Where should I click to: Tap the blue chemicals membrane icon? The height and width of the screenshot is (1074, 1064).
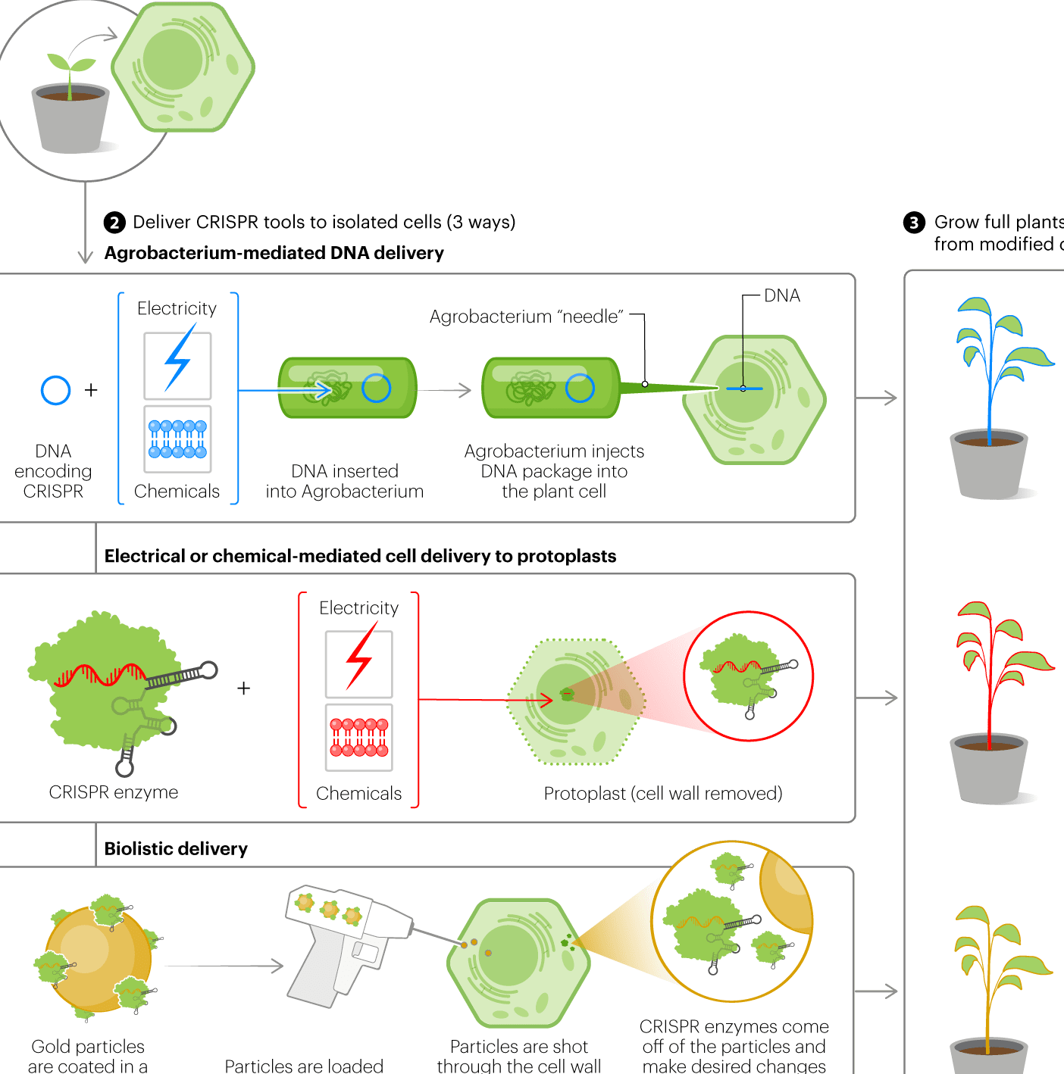177,439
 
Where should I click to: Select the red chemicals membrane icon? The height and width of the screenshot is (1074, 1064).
359,738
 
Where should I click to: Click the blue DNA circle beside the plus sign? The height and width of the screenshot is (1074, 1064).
55,390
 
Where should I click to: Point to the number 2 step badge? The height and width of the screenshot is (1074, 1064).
114,223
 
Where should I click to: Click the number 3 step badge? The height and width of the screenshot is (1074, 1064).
914,223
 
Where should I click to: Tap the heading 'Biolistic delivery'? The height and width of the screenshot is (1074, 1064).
176,849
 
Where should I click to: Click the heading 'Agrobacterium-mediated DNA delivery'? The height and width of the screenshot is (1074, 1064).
274,253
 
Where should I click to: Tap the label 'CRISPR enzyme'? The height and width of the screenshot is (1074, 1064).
114,792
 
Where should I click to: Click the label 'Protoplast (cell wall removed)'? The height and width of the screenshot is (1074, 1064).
663,794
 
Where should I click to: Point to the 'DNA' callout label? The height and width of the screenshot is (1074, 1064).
782,295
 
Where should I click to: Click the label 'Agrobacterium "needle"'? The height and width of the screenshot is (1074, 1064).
526,317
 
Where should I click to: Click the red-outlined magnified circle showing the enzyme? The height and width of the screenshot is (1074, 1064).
749,676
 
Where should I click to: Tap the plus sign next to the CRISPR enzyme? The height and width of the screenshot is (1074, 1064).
243,688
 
